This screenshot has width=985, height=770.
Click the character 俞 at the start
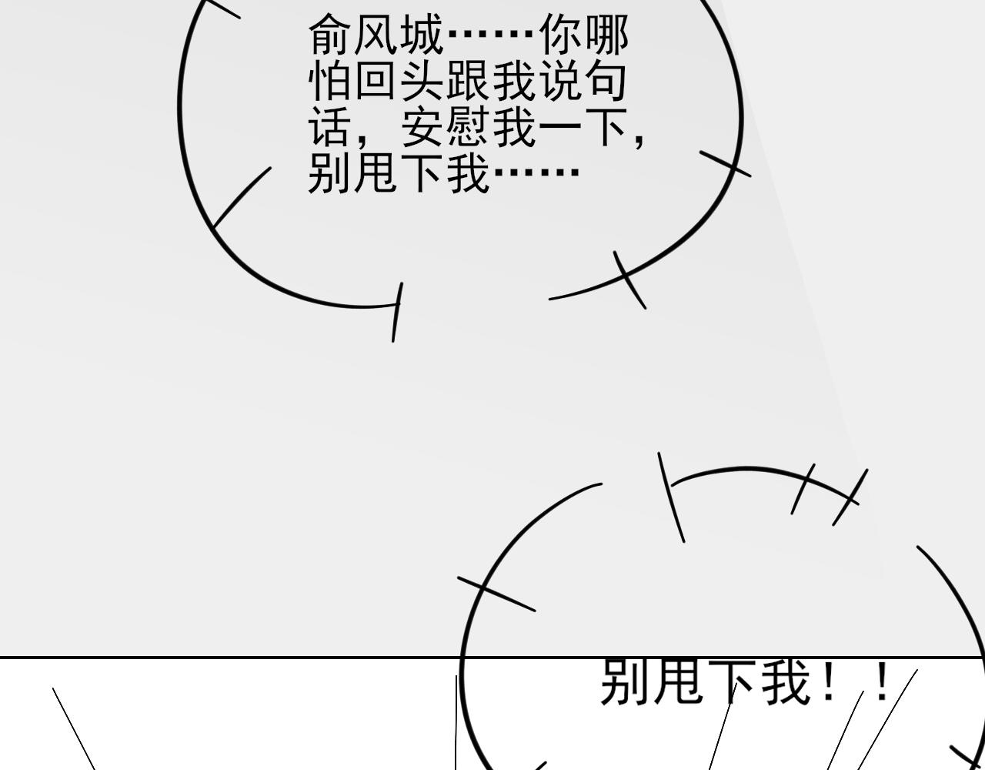(x=330, y=35)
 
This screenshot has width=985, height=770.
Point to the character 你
(x=561, y=35)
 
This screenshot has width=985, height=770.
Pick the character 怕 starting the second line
(x=329, y=80)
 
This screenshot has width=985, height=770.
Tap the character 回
(x=376, y=80)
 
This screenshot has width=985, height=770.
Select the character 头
(x=422, y=80)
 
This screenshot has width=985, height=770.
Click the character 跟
(x=469, y=80)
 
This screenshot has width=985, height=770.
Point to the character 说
(x=561, y=80)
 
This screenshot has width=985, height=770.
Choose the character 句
(x=606, y=80)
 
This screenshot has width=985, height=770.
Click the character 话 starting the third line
(x=330, y=126)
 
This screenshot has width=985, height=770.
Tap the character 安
(x=422, y=126)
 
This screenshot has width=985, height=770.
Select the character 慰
(x=469, y=126)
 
